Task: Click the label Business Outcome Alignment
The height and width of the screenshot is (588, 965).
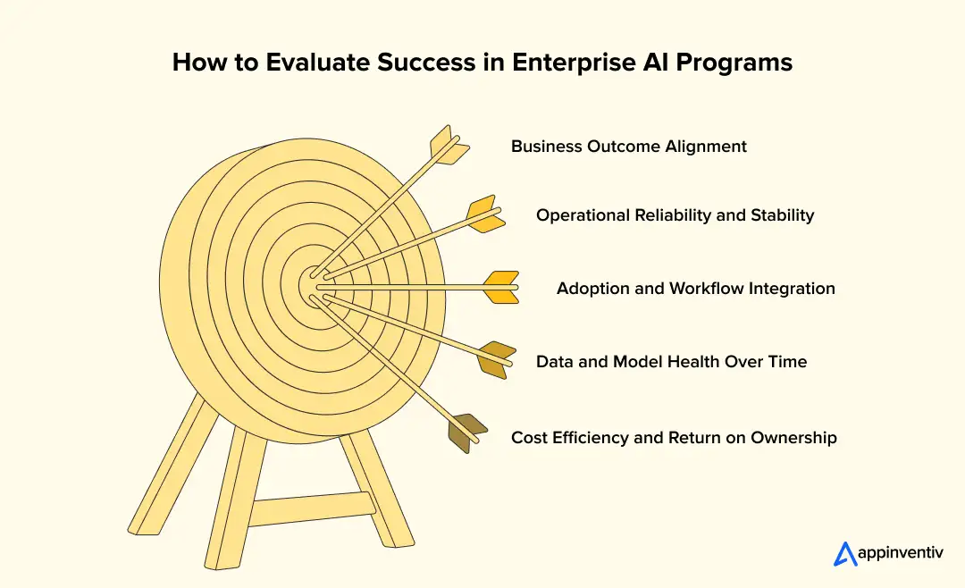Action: point(628,146)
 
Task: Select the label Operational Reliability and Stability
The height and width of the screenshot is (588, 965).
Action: point(675,215)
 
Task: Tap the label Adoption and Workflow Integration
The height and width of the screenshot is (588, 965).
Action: point(695,289)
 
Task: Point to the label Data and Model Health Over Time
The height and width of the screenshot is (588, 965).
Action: point(671,362)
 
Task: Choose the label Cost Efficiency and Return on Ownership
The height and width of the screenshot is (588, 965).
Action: point(674,438)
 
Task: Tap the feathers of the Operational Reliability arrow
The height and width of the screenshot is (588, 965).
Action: point(485,214)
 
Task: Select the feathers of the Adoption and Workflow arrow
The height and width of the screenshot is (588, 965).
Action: point(500,287)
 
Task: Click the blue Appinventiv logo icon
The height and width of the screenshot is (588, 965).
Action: point(844,554)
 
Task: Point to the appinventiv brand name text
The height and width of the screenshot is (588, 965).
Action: point(899,555)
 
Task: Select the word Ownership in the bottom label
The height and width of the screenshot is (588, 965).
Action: point(793,438)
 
